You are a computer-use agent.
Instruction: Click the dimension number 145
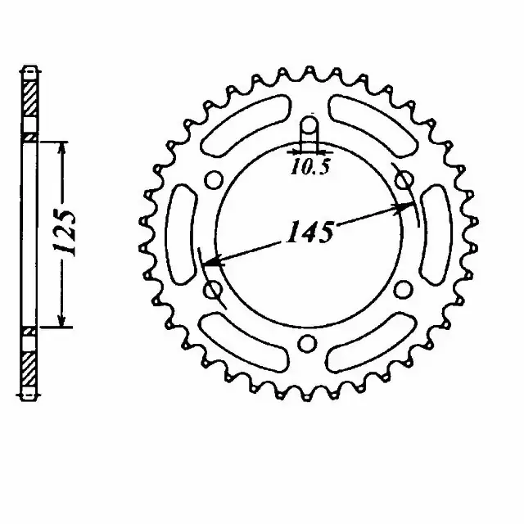pos(309,233)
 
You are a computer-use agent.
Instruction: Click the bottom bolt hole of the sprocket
pos(308,342)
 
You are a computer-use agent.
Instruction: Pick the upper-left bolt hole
pos(214,179)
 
